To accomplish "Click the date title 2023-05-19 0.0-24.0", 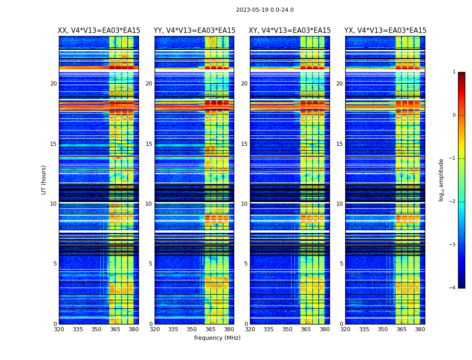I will tap(265, 10).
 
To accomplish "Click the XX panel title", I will tap(99, 31).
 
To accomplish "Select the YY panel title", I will tap(194, 31).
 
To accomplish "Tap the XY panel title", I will tap(290, 31).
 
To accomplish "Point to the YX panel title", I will tap(385, 31).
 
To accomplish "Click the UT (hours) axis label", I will tap(44, 180).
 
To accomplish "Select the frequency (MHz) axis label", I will tap(217, 338).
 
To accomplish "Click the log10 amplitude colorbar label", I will tap(441, 180).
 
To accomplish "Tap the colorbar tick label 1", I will tap(454, 72).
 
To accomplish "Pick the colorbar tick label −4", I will tap(452, 288).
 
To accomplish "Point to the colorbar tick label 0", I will tap(454, 115).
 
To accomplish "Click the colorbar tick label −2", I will tap(452, 202).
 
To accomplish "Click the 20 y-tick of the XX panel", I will tap(53, 84).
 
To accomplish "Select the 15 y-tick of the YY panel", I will tap(149, 144).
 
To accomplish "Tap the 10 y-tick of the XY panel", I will tap(244, 204).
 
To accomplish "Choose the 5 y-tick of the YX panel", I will tap(341, 264).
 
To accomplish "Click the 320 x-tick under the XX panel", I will tap(59, 329).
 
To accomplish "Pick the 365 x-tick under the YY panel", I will tap(210, 329).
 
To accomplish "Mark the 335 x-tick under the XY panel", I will tap(268, 329).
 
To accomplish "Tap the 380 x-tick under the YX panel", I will tap(420, 329).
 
